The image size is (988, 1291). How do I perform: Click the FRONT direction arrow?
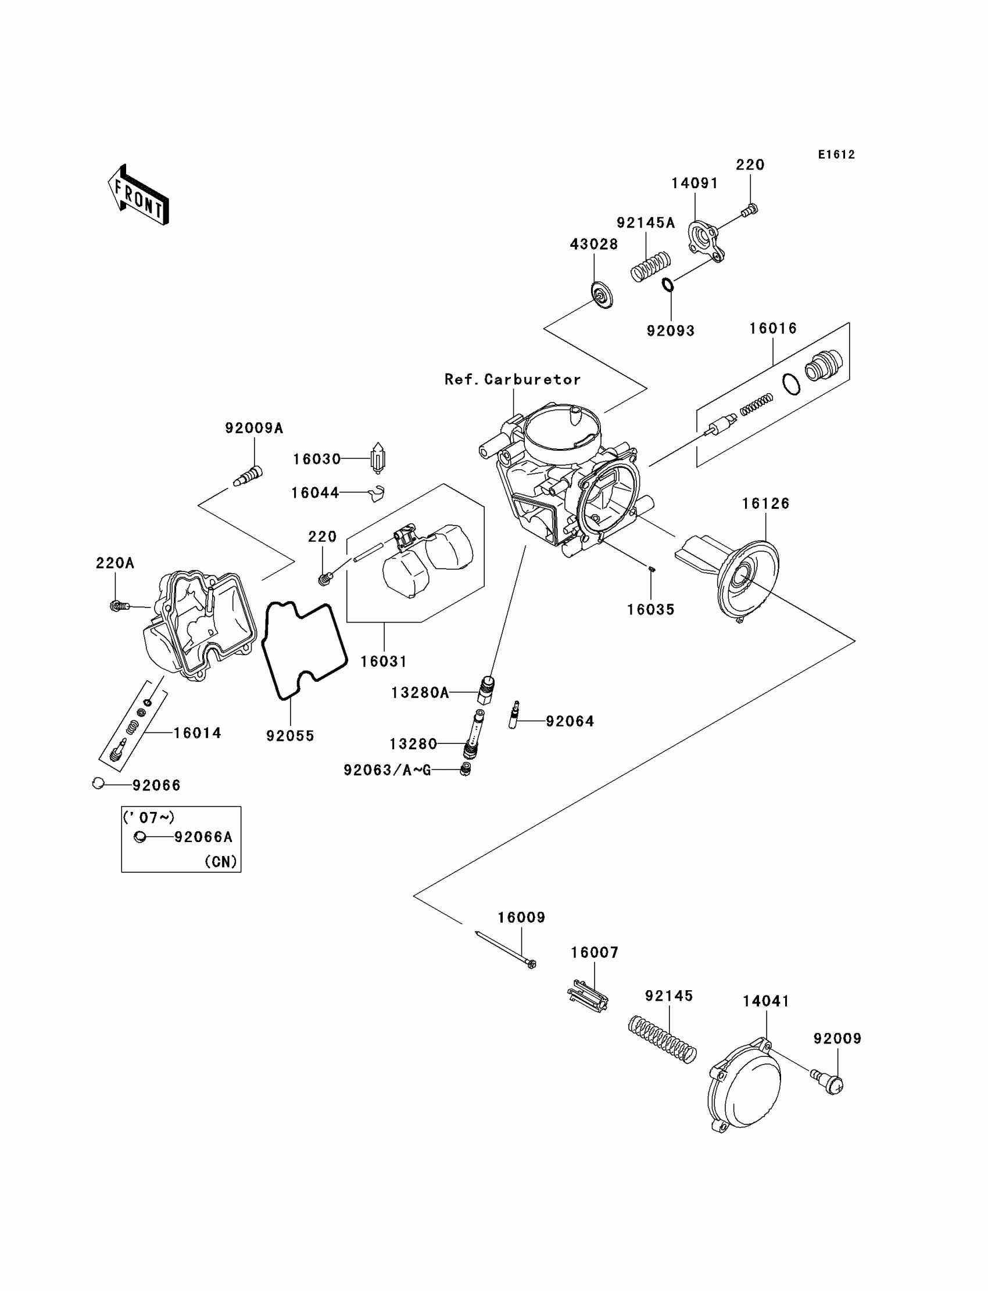click(139, 195)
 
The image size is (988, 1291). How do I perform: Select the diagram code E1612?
click(836, 154)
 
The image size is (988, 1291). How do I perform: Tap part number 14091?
click(695, 184)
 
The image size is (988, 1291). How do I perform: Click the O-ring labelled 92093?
click(668, 285)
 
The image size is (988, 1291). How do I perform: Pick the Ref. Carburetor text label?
click(512, 380)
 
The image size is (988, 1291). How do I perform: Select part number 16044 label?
click(315, 493)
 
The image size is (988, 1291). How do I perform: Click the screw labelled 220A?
click(119, 605)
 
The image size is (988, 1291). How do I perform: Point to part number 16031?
click(384, 661)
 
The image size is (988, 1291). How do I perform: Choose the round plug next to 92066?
click(98, 783)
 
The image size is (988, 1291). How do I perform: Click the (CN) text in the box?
click(220, 861)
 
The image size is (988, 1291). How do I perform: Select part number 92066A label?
click(203, 837)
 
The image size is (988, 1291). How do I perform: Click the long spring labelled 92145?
click(662, 1040)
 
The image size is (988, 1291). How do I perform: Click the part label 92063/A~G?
click(387, 770)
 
